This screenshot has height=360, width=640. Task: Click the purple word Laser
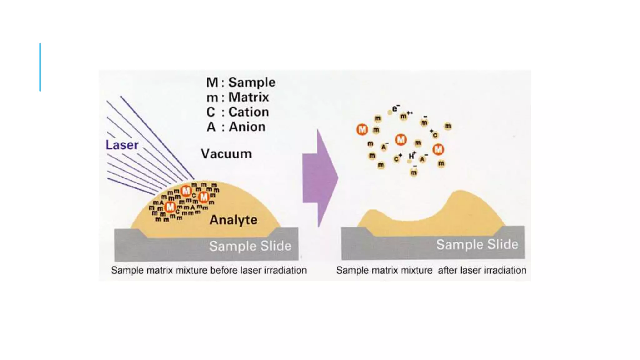click(x=122, y=145)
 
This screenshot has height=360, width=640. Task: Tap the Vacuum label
click(x=226, y=154)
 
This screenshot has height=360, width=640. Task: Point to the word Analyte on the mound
click(x=233, y=220)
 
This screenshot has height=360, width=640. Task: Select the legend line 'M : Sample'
click(x=241, y=82)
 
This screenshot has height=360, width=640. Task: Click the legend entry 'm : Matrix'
click(x=237, y=97)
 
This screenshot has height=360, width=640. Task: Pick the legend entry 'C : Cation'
click(x=237, y=112)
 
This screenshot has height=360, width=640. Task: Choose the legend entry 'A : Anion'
click(x=236, y=127)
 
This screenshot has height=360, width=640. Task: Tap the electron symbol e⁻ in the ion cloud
click(x=395, y=108)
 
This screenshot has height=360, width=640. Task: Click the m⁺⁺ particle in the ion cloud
click(x=405, y=116)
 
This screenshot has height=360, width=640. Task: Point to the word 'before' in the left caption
click(x=224, y=270)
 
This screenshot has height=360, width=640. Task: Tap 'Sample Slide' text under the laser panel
click(x=250, y=246)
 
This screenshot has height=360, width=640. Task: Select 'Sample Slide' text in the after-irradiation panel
click(x=477, y=245)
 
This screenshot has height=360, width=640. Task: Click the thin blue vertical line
click(x=40, y=67)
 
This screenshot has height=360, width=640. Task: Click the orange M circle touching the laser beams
click(x=186, y=191)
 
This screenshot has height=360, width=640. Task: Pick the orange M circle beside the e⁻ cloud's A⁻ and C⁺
click(x=401, y=140)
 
